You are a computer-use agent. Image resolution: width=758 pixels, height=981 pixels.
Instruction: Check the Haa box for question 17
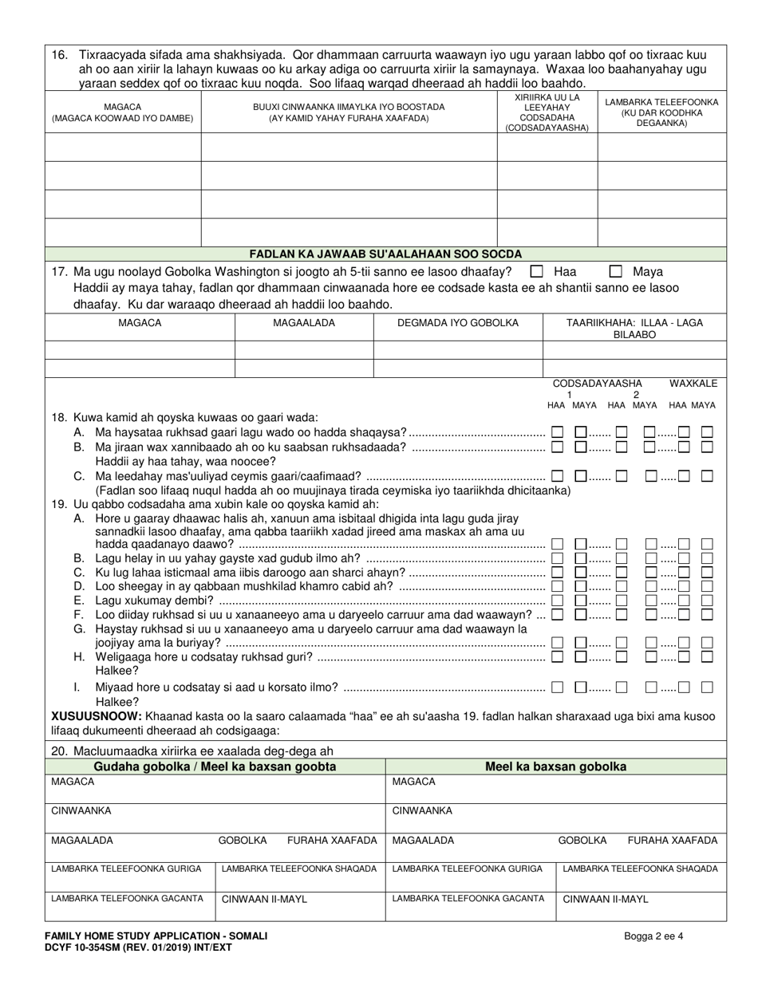[537, 271]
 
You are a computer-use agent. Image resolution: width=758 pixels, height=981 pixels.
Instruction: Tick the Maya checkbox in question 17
[616, 271]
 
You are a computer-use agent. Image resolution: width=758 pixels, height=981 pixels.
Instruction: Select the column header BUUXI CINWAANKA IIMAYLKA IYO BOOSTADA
[349, 112]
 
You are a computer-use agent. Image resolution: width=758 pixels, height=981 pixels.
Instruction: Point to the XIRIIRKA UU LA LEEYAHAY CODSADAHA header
[547, 112]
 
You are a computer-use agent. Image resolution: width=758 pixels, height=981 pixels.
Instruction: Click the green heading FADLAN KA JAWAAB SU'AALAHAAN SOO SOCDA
[385, 254]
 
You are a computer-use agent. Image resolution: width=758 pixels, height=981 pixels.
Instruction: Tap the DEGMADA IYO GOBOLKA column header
[457, 323]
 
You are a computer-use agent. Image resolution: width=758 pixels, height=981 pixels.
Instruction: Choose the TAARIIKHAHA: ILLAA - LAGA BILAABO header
[634, 329]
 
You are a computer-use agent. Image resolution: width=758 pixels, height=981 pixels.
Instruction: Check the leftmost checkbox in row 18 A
[557, 432]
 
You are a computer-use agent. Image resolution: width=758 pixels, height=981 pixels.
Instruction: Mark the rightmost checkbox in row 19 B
[707, 558]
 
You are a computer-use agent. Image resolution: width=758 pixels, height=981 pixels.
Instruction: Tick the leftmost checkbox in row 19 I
[557, 687]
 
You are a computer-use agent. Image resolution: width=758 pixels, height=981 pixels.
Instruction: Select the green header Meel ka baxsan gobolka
[555, 766]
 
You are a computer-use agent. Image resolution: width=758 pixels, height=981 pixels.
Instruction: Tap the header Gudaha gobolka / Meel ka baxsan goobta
[215, 766]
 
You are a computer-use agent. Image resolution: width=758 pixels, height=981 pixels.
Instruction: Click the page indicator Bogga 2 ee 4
[653, 936]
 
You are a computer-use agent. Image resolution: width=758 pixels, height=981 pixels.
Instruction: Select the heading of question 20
[191, 751]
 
